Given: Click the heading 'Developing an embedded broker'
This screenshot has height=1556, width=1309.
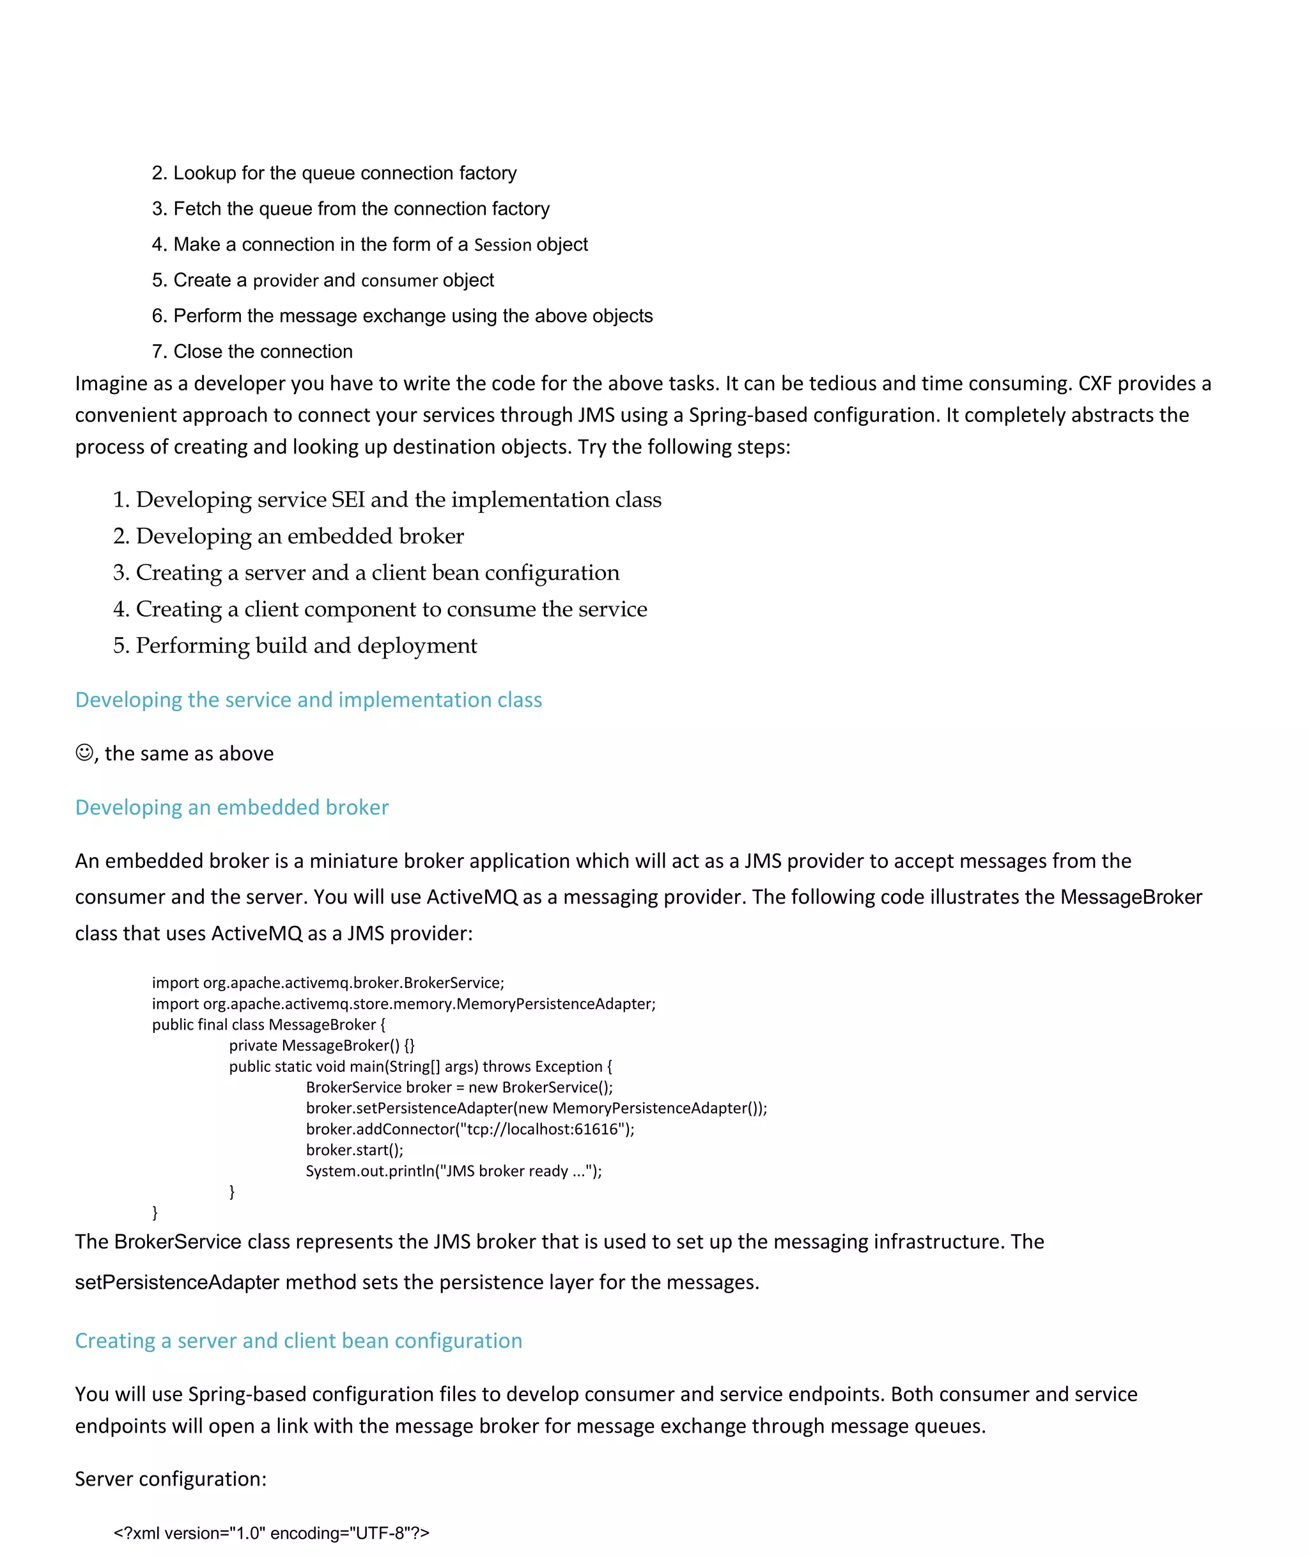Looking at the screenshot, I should [x=231, y=807].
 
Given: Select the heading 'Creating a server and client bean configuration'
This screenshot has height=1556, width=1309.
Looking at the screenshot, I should [x=298, y=1340].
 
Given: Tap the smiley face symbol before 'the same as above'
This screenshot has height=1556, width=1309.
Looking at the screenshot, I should [x=84, y=752].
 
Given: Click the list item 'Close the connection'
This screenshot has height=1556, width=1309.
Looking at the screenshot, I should [x=263, y=351].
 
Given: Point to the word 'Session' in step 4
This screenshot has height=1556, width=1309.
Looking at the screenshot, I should [x=502, y=245].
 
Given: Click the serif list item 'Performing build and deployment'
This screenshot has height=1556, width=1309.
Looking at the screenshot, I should [x=306, y=645].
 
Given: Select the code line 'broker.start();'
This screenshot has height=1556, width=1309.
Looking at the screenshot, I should [x=354, y=1149].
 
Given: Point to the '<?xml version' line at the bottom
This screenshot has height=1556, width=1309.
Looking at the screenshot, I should [x=271, y=1532].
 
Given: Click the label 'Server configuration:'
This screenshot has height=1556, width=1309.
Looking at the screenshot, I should [x=171, y=1478].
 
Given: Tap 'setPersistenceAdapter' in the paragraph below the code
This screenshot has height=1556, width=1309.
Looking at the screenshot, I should [x=176, y=1282].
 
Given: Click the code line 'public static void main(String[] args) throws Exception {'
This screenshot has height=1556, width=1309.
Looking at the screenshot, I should [x=420, y=1066].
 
